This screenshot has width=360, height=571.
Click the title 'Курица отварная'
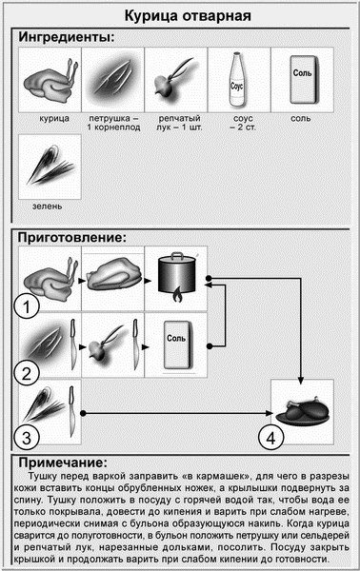[x=179, y=16]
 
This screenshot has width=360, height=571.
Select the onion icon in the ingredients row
[x=176, y=81]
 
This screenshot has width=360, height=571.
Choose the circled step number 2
[x=31, y=371]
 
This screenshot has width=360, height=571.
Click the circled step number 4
[x=271, y=437]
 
